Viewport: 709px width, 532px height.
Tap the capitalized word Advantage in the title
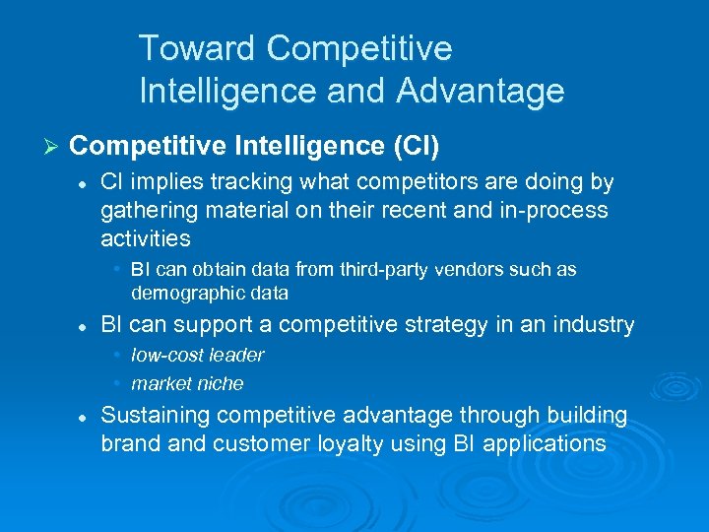[x=481, y=92]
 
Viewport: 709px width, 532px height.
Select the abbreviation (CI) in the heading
[x=416, y=146]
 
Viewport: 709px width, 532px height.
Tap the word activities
[x=145, y=238]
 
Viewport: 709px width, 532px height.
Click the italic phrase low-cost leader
[x=197, y=355]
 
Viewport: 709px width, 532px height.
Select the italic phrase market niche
[x=187, y=383]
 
